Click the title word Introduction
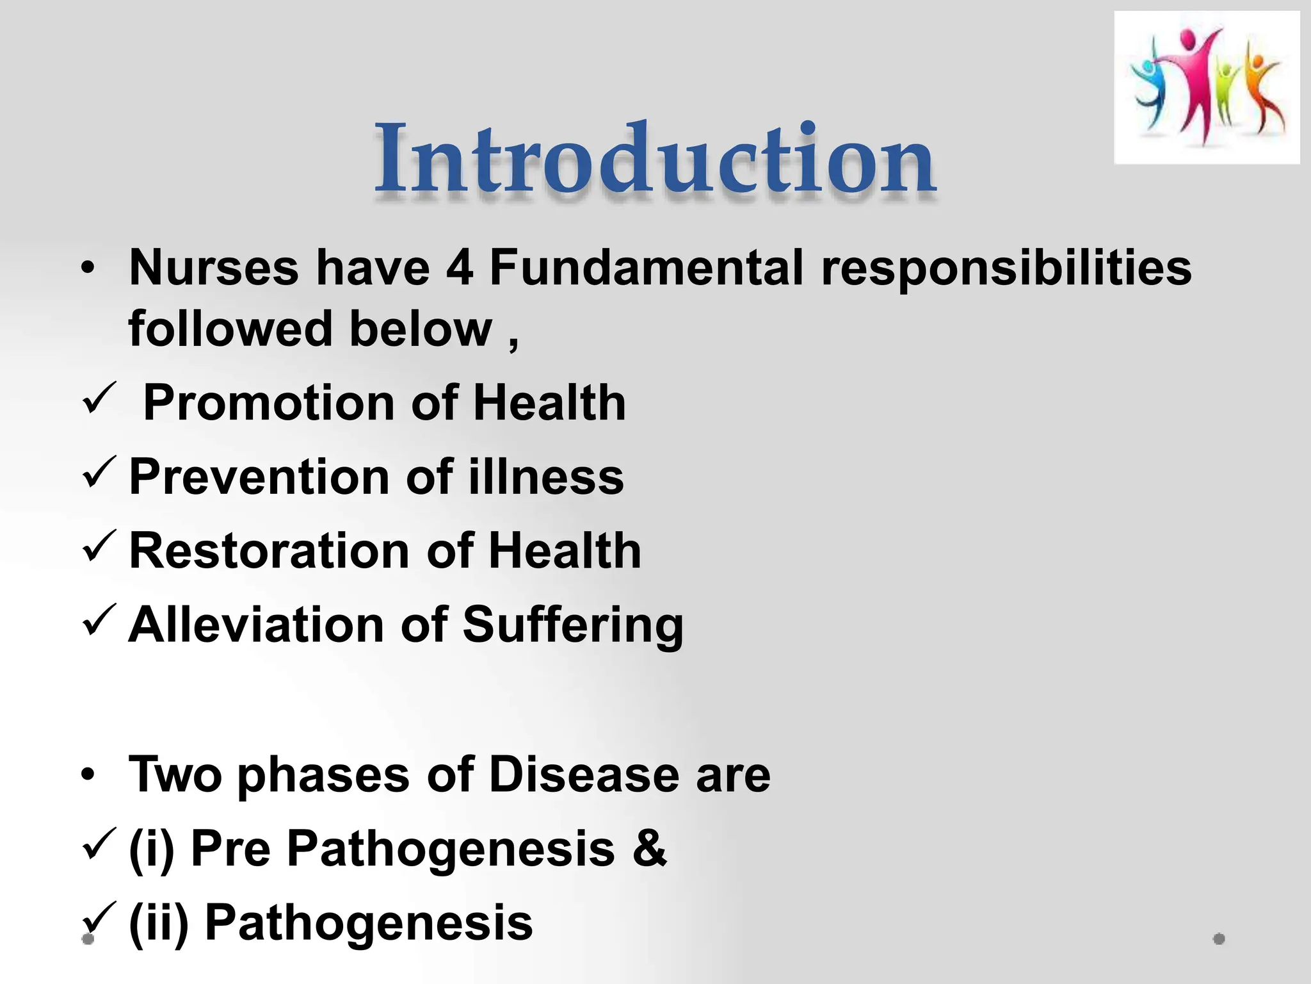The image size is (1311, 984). point(655,160)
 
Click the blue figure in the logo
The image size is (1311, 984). point(1149,90)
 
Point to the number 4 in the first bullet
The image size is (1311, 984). point(460,268)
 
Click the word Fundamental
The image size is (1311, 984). point(647,268)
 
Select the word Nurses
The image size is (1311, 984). point(214,268)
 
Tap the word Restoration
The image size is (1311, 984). point(269,551)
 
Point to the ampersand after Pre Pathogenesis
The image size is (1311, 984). point(649,848)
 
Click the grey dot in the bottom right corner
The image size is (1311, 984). point(1219,939)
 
